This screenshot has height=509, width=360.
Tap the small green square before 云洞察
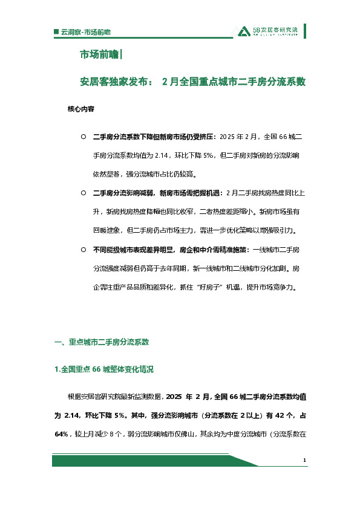pos(56,31)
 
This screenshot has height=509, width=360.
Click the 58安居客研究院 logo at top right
pos(268,31)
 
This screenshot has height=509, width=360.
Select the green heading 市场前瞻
pos(100,55)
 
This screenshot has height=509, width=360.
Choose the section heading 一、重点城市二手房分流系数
pos(102,342)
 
